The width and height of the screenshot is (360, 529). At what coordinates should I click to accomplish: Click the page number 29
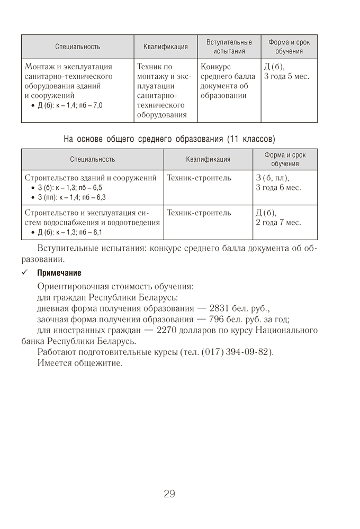point(169,494)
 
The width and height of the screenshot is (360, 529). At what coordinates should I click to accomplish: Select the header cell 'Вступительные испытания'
point(229,47)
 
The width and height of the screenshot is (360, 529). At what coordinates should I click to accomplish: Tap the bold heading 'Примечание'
point(59,273)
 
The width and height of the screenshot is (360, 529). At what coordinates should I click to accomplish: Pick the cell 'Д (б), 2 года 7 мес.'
point(278,217)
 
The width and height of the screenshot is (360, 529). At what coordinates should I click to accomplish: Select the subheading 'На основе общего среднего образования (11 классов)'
point(169,140)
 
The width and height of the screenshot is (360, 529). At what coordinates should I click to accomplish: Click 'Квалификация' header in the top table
point(165,47)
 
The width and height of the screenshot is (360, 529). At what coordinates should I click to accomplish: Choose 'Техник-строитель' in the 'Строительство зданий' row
point(199,178)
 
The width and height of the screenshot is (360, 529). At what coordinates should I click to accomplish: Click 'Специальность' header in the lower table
point(92,159)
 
